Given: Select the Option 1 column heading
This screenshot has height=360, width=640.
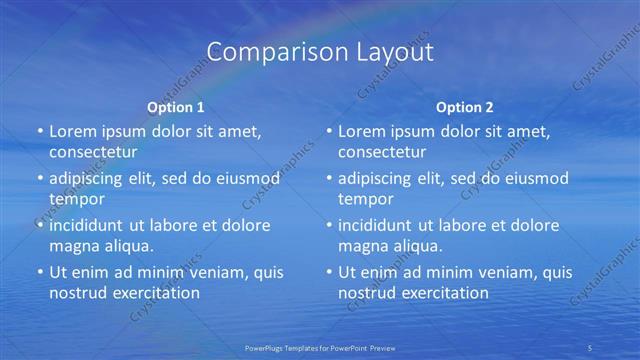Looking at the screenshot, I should (x=176, y=107).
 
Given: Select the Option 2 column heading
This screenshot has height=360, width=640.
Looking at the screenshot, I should (x=465, y=107).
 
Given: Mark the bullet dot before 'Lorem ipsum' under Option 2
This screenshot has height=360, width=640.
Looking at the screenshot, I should (x=328, y=132).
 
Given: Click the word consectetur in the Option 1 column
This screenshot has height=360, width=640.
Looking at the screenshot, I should (x=93, y=152).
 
